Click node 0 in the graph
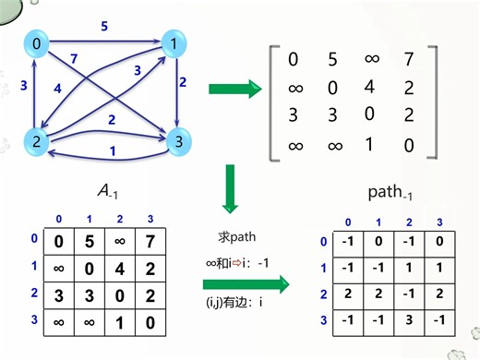pos(36,44)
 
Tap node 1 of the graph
pos(173,44)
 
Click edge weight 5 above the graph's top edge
pos(103,28)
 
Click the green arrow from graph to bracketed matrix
pos(234,90)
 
